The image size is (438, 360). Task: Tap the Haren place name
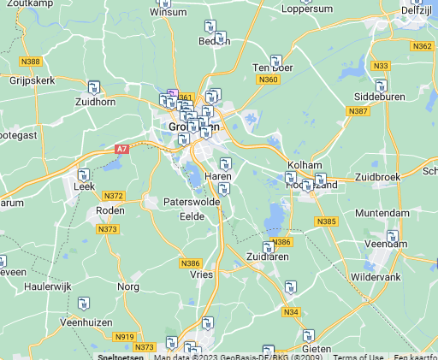218,176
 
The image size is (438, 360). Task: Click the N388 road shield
31,61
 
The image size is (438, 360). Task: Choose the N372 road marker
114,196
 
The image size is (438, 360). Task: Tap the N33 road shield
382,66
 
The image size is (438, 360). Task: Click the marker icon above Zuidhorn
94,86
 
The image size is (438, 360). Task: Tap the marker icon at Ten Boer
276,61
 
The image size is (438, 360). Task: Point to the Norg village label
128,286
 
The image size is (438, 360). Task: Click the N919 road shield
125,336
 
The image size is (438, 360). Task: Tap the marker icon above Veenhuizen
84,303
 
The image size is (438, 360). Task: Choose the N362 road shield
422,46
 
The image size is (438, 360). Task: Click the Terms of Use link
358,357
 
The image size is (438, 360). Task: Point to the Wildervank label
375,278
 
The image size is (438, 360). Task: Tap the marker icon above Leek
84,174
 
